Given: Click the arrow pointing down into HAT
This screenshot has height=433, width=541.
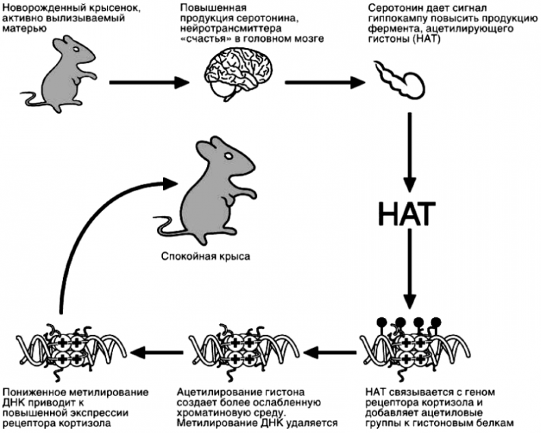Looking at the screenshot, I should [410, 151].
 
